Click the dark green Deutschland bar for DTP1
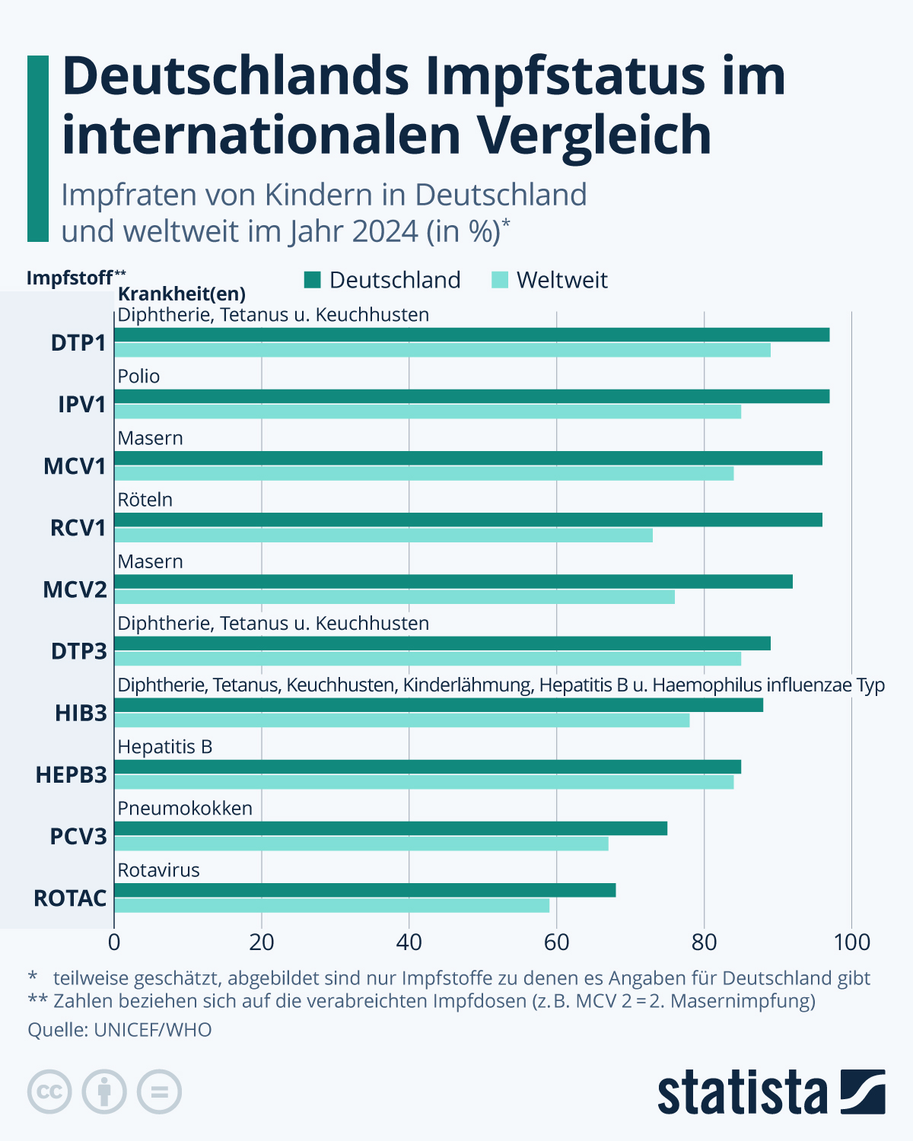click(472, 335)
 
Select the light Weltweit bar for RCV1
click(383, 536)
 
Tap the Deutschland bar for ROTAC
click(365, 890)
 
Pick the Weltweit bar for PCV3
click(361, 844)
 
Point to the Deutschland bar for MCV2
click(453, 582)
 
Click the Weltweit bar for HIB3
click(402, 720)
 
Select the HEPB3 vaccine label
click(72, 775)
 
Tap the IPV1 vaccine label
click(82, 404)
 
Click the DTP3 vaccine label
click(78, 651)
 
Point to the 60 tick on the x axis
click(556, 942)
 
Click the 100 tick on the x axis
click(851, 942)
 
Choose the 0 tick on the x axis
click(114, 942)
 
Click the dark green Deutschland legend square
click(313, 280)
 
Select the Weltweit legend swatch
click(500, 280)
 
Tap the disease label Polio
click(138, 377)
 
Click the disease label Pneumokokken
click(185, 808)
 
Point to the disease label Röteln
click(145, 500)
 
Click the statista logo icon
click(863, 1092)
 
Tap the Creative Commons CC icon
click(49, 1092)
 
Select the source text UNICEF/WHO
click(153, 1030)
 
